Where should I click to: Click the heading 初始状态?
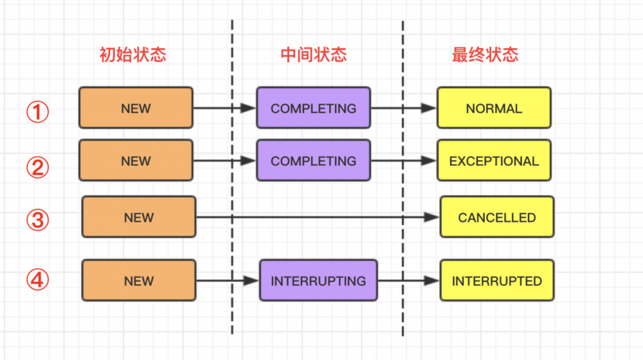[x=132, y=55]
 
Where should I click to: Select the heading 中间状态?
[x=314, y=55]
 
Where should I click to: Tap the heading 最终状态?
[x=485, y=55]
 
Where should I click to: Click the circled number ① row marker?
[x=37, y=113]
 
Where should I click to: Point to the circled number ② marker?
[x=37, y=167]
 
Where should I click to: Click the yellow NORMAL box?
[x=494, y=108]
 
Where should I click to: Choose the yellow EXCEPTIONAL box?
[x=494, y=161]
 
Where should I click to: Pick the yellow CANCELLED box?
[x=496, y=217]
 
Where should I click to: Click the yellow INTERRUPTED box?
[x=496, y=280]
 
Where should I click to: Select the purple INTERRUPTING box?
[x=318, y=280]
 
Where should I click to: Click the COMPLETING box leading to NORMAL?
[x=313, y=108]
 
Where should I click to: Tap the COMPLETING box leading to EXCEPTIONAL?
[x=313, y=161]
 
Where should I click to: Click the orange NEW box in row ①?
[x=136, y=108]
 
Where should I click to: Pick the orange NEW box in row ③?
[x=138, y=217]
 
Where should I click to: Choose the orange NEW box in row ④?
[x=138, y=280]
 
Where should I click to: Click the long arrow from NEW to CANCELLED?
[x=318, y=217]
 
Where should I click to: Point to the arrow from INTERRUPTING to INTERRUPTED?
[x=408, y=280]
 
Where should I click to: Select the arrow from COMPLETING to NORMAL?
[x=404, y=108]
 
